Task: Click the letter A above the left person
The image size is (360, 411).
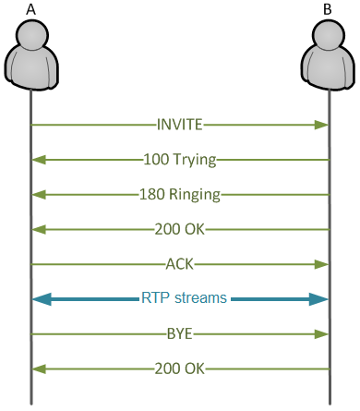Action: tap(30, 8)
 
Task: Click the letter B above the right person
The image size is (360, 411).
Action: tap(329, 8)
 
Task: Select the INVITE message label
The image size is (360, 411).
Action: tap(179, 124)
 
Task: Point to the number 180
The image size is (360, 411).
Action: tap(152, 195)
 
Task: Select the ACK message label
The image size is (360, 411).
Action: tap(179, 264)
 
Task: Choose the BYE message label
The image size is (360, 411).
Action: tap(179, 333)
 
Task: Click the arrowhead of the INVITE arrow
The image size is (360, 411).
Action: tap(323, 125)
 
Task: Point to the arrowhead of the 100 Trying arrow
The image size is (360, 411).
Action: tap(37, 160)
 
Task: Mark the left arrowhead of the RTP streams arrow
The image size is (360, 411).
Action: tap(41, 299)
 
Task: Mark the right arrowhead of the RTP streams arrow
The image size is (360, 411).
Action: tap(319, 299)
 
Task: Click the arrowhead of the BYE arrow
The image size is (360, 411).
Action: tap(323, 334)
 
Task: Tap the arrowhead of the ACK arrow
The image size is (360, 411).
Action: tap(323, 265)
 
